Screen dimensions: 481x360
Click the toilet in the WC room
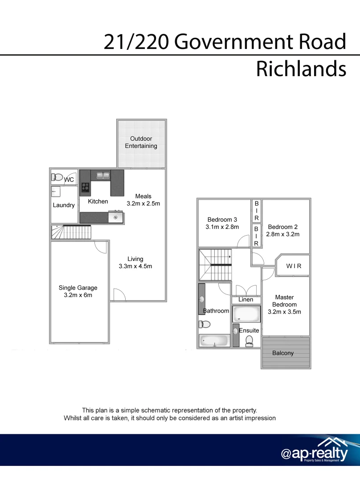(57, 177)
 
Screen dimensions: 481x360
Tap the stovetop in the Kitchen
(85, 188)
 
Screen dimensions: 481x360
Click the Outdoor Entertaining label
(141, 142)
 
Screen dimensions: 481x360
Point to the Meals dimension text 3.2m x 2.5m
(143, 204)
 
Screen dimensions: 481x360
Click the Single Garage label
(78, 288)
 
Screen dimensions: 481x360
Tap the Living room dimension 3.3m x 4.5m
(135, 266)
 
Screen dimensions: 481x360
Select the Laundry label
(64, 205)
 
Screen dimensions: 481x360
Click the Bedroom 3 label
(222, 220)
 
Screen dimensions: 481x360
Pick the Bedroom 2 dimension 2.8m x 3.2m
(283, 234)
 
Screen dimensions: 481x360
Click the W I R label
(294, 266)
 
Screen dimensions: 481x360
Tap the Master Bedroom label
(284, 301)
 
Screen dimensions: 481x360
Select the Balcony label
(283, 353)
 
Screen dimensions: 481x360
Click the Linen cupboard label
(245, 300)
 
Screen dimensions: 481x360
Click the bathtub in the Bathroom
(214, 341)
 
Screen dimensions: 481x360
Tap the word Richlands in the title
(301, 69)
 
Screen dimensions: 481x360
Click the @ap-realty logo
(314, 452)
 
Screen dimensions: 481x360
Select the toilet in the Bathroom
(204, 325)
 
